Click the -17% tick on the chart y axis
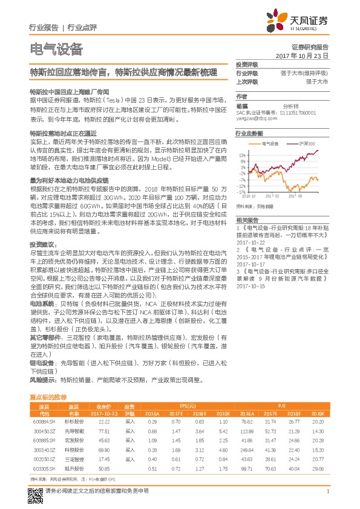coord(242,192)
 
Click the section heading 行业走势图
coord(249,132)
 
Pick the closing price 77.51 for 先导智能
coord(103,431)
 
